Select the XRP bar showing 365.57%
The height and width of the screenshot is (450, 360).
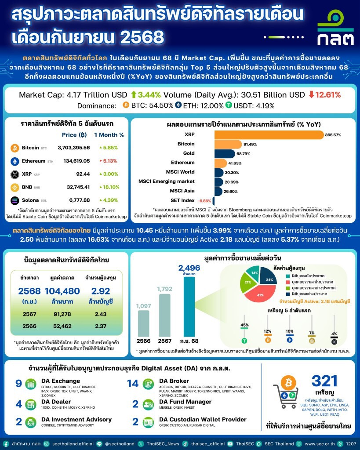(269, 135)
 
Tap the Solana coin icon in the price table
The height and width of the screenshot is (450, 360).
(15, 200)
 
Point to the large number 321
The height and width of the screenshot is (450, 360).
(324, 381)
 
